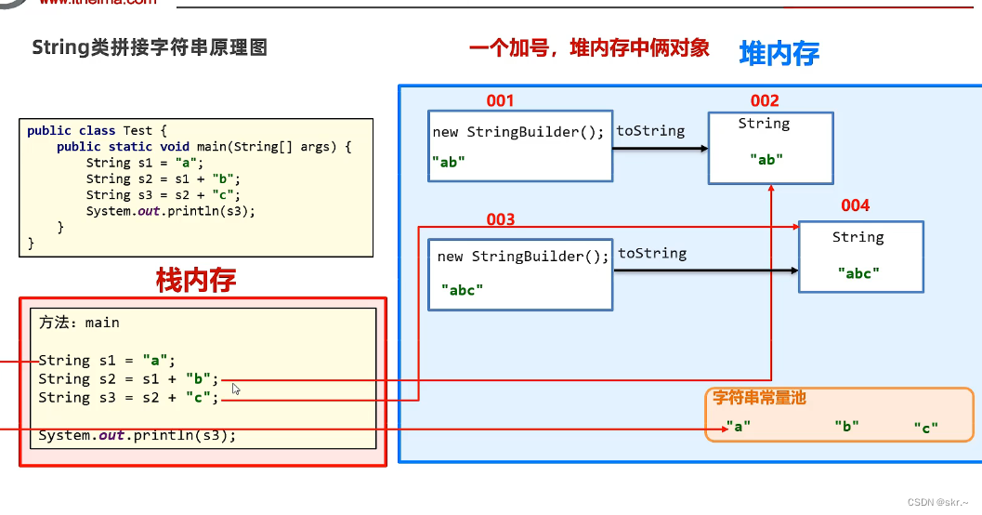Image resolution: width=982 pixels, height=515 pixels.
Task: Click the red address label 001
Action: click(x=500, y=100)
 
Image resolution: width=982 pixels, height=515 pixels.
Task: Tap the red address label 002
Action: click(x=765, y=100)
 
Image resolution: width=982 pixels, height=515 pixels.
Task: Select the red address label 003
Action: click(x=500, y=219)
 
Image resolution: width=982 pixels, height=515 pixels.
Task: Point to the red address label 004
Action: click(x=856, y=205)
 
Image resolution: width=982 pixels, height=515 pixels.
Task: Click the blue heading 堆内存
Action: click(x=779, y=54)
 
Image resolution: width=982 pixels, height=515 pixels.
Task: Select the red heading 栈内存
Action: click(x=196, y=280)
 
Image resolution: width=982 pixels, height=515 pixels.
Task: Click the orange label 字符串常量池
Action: click(x=759, y=397)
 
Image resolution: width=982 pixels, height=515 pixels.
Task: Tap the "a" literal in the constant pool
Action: click(x=738, y=426)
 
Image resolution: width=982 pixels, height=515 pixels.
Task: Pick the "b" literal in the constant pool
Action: click(x=845, y=426)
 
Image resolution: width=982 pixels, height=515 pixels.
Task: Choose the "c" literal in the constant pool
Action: click(x=925, y=427)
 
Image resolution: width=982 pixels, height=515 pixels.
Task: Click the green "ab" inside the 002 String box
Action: click(x=766, y=159)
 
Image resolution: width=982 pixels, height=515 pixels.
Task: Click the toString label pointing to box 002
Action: click(x=650, y=131)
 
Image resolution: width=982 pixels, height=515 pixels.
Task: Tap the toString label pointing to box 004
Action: click(x=652, y=253)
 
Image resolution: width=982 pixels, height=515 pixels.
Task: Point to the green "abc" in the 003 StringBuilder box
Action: click(x=462, y=289)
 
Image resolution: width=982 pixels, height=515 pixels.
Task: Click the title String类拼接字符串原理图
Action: click(x=150, y=47)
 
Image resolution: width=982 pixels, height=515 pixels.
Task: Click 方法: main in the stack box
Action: click(x=79, y=323)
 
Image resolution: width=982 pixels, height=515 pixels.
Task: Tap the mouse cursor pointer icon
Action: click(x=236, y=389)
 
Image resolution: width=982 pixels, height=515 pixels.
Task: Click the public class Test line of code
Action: click(x=97, y=131)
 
